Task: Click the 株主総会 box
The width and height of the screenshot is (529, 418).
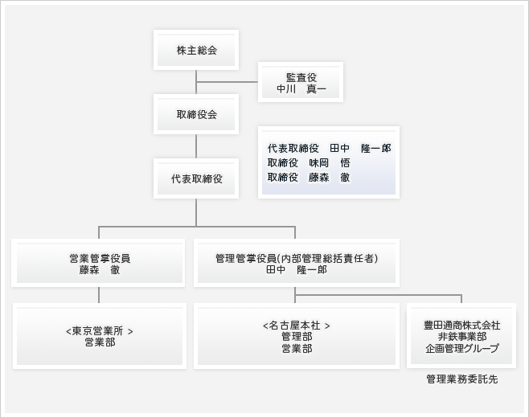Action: click(x=196, y=50)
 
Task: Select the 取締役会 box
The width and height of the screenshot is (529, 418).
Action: click(x=196, y=114)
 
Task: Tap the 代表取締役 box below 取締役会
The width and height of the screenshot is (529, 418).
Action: click(x=196, y=178)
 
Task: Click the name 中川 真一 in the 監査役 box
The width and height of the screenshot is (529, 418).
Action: click(x=301, y=89)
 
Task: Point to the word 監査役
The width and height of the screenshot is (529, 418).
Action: click(x=301, y=78)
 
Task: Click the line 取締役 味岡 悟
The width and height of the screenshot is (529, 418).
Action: click(x=309, y=163)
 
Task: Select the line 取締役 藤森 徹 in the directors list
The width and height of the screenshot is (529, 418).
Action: click(x=309, y=178)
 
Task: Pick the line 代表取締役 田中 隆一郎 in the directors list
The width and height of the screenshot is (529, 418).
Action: click(x=330, y=148)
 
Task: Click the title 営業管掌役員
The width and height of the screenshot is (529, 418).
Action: click(x=100, y=258)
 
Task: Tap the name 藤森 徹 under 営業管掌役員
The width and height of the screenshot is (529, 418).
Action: click(x=100, y=270)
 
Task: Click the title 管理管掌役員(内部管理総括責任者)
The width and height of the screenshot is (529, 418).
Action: click(x=297, y=258)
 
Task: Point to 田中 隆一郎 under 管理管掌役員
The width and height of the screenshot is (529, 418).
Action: click(x=297, y=270)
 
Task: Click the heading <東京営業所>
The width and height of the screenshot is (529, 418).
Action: click(x=100, y=331)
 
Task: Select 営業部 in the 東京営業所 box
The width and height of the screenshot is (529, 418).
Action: click(x=100, y=342)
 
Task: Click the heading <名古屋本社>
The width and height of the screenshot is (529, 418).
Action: click(x=297, y=326)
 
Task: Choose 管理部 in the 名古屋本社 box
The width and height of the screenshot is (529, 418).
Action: click(x=297, y=337)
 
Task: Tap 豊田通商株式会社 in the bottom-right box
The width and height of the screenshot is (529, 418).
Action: click(x=461, y=326)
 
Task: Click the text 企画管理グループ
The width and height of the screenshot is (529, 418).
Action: click(x=461, y=349)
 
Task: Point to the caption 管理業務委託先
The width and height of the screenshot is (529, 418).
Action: click(x=461, y=379)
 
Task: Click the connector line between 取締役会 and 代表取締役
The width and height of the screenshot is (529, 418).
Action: click(x=196, y=146)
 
